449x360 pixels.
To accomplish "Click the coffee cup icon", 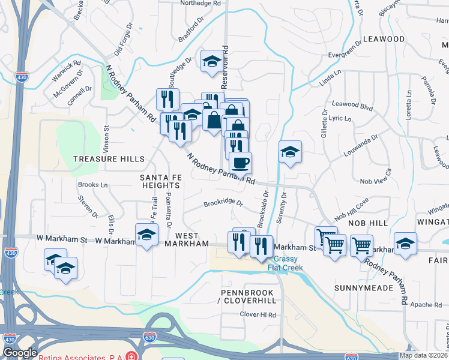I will click(240, 162).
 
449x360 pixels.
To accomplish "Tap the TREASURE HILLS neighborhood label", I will click(109, 159).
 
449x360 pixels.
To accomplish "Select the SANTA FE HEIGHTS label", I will click(160, 182).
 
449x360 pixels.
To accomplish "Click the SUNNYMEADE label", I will click(364, 288).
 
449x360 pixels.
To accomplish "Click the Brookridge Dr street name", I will click(223, 203).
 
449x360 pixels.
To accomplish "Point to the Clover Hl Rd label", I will click(258, 314).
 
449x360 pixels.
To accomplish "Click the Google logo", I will click(20, 353).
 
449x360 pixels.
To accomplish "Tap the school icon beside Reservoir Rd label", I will click(211, 61).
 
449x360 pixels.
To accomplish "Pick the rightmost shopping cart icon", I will click(362, 244).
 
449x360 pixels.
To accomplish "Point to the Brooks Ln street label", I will click(93, 185).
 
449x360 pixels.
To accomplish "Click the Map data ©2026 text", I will click(424, 355).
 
